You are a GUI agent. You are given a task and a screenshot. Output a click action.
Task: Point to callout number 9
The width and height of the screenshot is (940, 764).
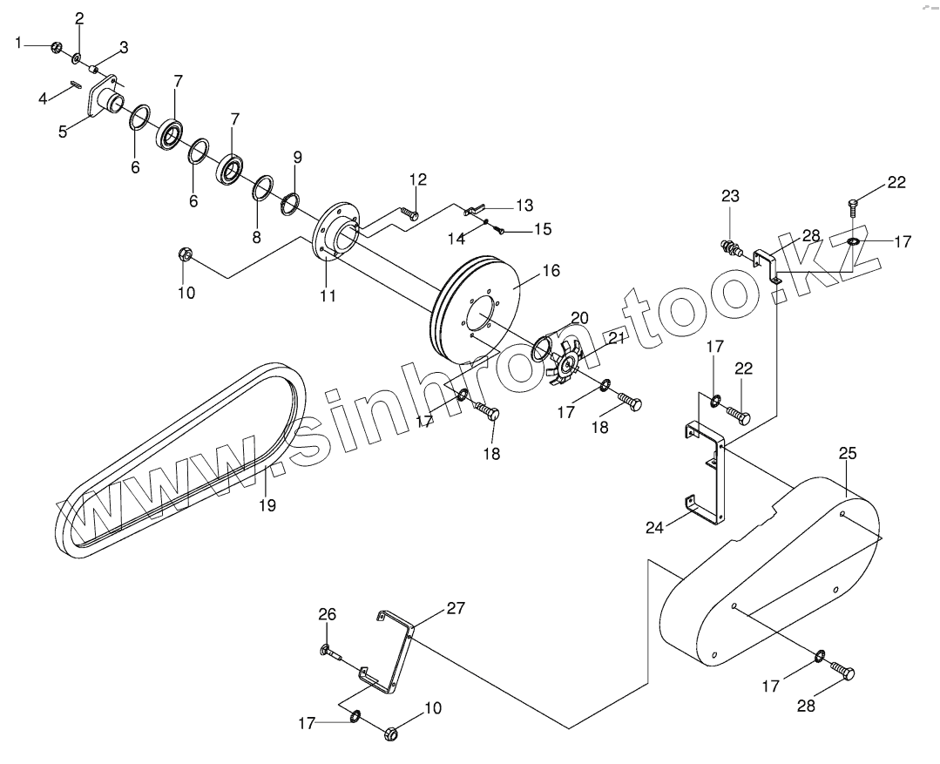pos(297,158)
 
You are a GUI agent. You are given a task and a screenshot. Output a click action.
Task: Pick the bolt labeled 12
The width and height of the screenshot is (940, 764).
pos(409,211)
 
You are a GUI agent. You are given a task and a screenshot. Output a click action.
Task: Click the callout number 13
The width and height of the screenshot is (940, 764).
pos(524,206)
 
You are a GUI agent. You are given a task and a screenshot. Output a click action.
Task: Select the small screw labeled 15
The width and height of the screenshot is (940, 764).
pos(499,229)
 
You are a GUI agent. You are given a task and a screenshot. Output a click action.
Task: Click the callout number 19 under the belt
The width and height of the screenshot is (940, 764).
pos(267,504)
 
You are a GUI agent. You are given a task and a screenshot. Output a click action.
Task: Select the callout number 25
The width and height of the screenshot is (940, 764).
pos(848,453)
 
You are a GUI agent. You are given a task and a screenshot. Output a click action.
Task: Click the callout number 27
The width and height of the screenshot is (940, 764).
pos(456,609)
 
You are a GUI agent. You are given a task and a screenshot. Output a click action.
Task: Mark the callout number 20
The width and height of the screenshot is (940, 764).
pos(580,317)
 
